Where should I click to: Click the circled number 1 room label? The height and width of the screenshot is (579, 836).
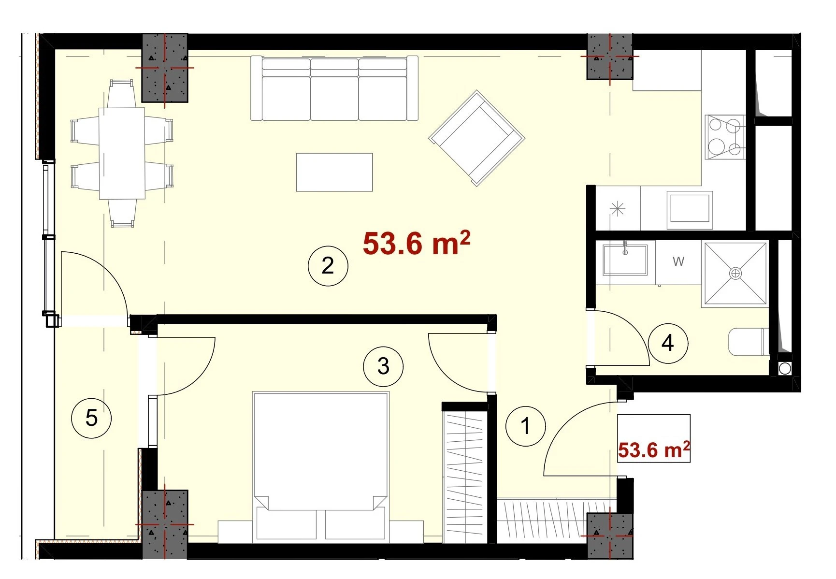[x=525, y=426]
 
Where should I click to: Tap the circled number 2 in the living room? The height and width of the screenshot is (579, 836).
[x=328, y=265]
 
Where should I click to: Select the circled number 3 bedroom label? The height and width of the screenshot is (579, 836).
[x=383, y=366]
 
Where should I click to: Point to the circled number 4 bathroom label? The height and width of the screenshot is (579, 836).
[x=668, y=343]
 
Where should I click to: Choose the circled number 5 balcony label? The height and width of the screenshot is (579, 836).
[x=91, y=418]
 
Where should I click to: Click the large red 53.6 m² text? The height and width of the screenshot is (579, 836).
[x=417, y=243]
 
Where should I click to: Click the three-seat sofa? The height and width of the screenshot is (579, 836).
[x=334, y=88]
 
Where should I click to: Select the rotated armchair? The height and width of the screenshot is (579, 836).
[x=476, y=138]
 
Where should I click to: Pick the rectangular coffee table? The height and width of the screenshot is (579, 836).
[x=334, y=172]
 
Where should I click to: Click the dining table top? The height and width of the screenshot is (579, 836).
[x=122, y=153]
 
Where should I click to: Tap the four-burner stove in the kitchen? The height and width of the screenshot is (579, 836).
[x=724, y=137]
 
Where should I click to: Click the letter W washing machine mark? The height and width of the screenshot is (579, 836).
[x=678, y=261]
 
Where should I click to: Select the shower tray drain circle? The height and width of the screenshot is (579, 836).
[x=735, y=274]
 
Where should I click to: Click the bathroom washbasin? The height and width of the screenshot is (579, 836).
[x=625, y=259]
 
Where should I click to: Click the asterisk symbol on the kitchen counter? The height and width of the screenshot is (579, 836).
[x=618, y=209]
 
